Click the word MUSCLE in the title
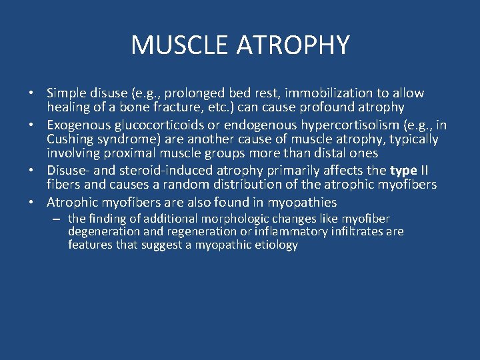(x=171, y=45)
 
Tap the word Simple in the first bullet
(x=67, y=93)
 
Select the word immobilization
(x=307, y=93)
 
